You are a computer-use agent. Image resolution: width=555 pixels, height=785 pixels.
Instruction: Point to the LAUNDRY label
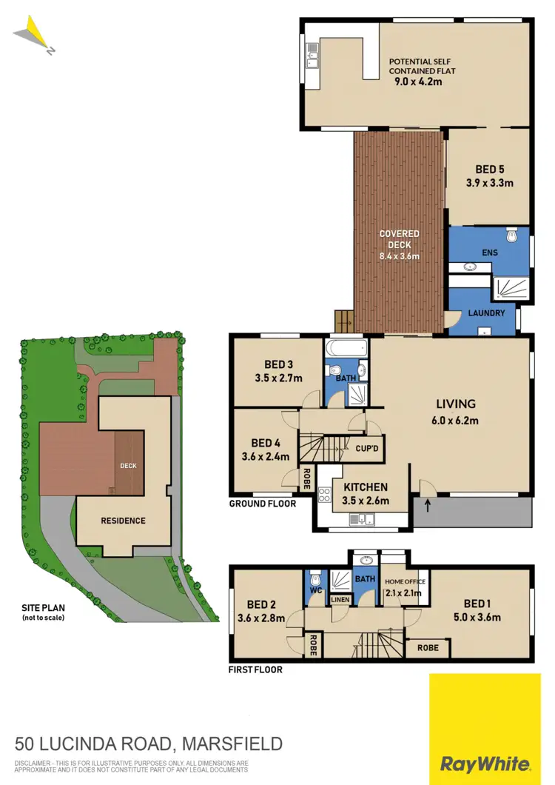[x=486, y=313]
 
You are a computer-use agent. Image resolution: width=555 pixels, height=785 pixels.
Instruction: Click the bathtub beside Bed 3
[x=346, y=347]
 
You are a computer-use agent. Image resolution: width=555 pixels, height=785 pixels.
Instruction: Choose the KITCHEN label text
[x=366, y=487]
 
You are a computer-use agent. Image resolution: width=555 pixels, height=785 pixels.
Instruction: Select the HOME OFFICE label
[x=403, y=582]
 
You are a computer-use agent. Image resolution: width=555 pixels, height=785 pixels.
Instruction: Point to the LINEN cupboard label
[x=340, y=598]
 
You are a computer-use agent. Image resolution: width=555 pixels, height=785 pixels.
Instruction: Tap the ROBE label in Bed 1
[x=428, y=647]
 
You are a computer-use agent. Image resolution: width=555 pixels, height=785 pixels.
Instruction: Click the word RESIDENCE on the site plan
[x=123, y=521]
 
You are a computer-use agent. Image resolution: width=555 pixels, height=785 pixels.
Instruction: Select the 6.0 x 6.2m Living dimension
[x=455, y=421]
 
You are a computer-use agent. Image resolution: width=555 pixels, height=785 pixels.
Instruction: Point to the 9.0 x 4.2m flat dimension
[x=419, y=81]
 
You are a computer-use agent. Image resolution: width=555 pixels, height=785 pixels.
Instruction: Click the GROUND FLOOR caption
[x=263, y=504]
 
